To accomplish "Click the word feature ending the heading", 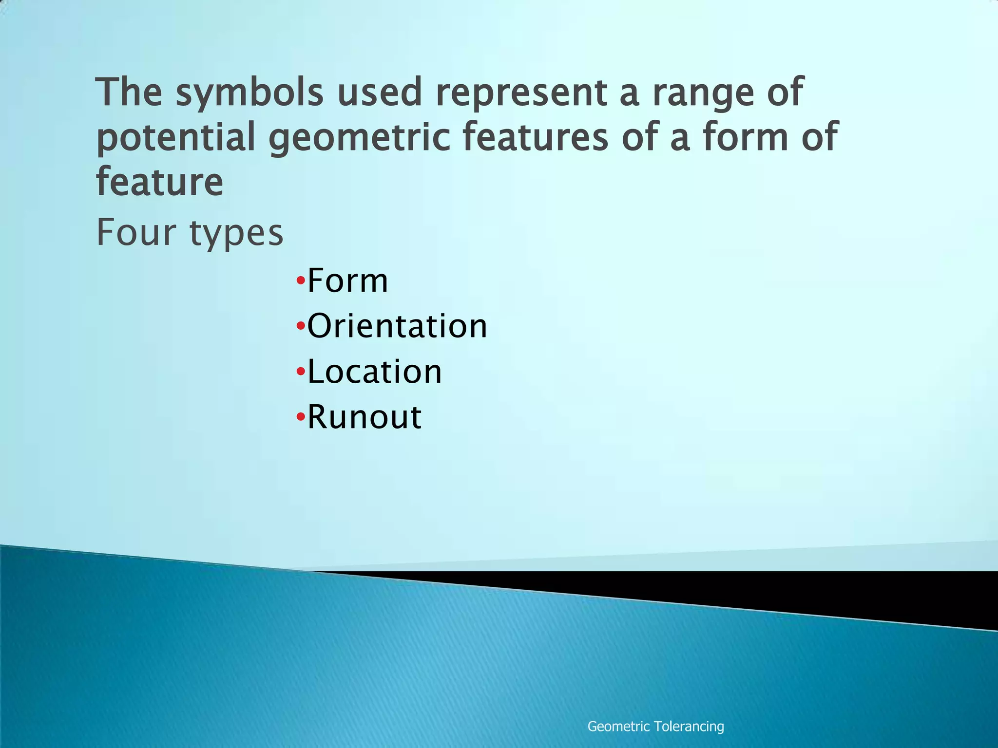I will click(160, 182).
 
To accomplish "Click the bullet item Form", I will click(347, 281).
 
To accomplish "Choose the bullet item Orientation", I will click(397, 326).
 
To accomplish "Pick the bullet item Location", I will click(374, 372).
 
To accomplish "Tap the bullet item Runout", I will click(364, 417).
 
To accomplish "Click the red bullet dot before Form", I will click(301, 281).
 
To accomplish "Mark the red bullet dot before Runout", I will click(301, 417).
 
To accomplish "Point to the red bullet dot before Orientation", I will click(301, 326).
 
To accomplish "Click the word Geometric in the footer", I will click(618, 727).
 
